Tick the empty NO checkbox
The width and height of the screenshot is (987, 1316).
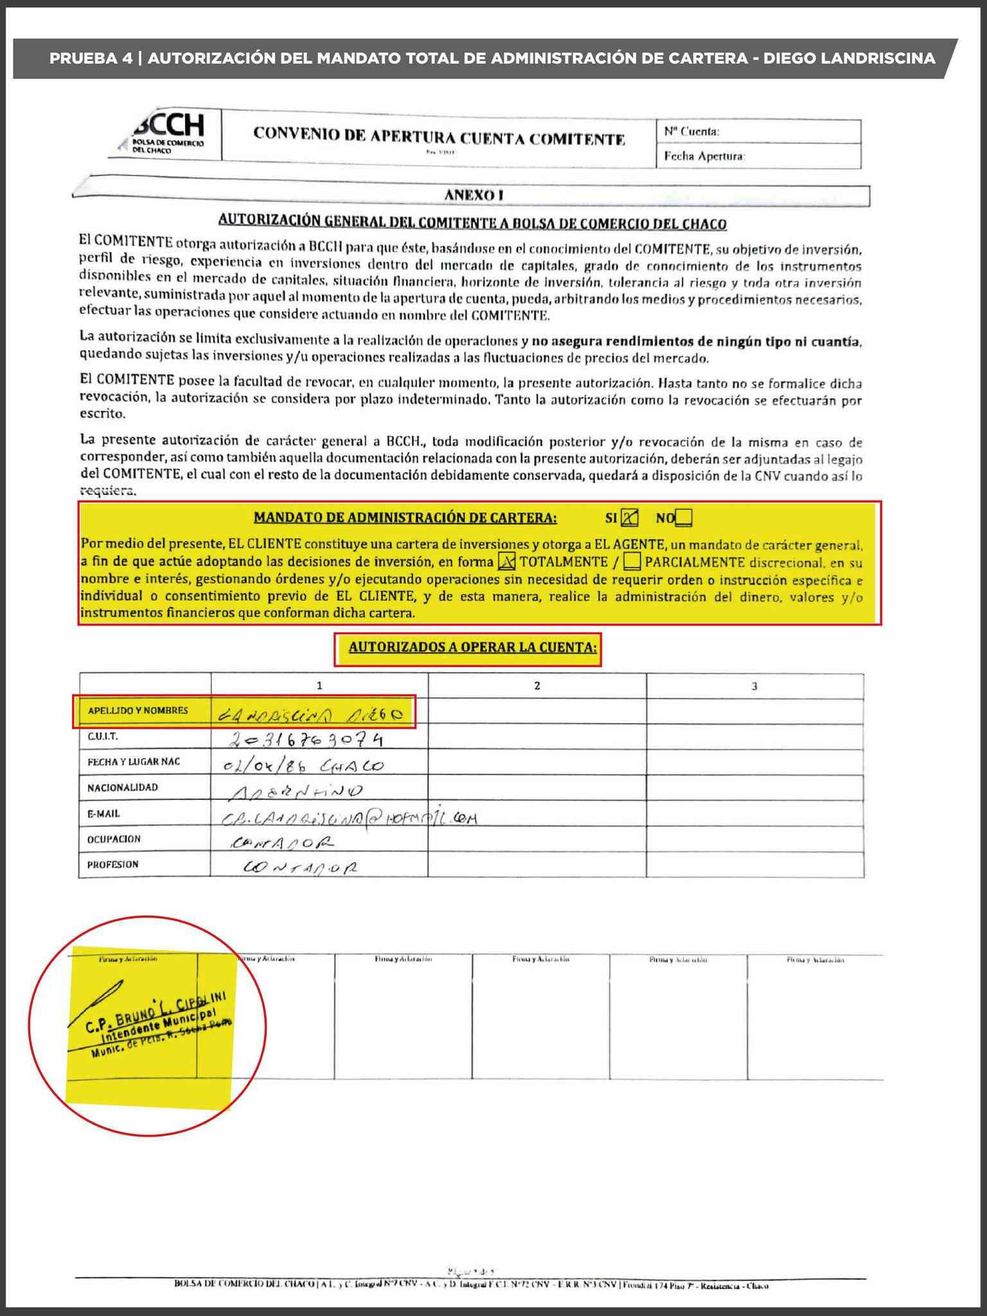[x=684, y=517]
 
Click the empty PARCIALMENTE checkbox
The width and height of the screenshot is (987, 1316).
[x=632, y=562]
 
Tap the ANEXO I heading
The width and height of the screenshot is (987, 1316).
[x=473, y=195]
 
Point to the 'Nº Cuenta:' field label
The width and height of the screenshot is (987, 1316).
[x=691, y=131]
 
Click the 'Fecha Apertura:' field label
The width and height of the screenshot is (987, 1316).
[x=704, y=156]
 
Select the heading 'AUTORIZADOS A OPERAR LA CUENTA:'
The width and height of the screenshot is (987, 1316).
[x=472, y=647]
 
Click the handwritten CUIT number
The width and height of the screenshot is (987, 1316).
[x=306, y=740]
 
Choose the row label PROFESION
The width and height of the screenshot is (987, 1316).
[x=113, y=864]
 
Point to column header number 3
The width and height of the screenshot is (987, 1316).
[x=754, y=686]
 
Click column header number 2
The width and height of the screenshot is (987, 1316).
[x=537, y=686]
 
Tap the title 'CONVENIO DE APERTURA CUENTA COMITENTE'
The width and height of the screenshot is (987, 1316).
[x=439, y=137]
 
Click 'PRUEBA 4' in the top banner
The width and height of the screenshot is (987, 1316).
[x=91, y=58]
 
